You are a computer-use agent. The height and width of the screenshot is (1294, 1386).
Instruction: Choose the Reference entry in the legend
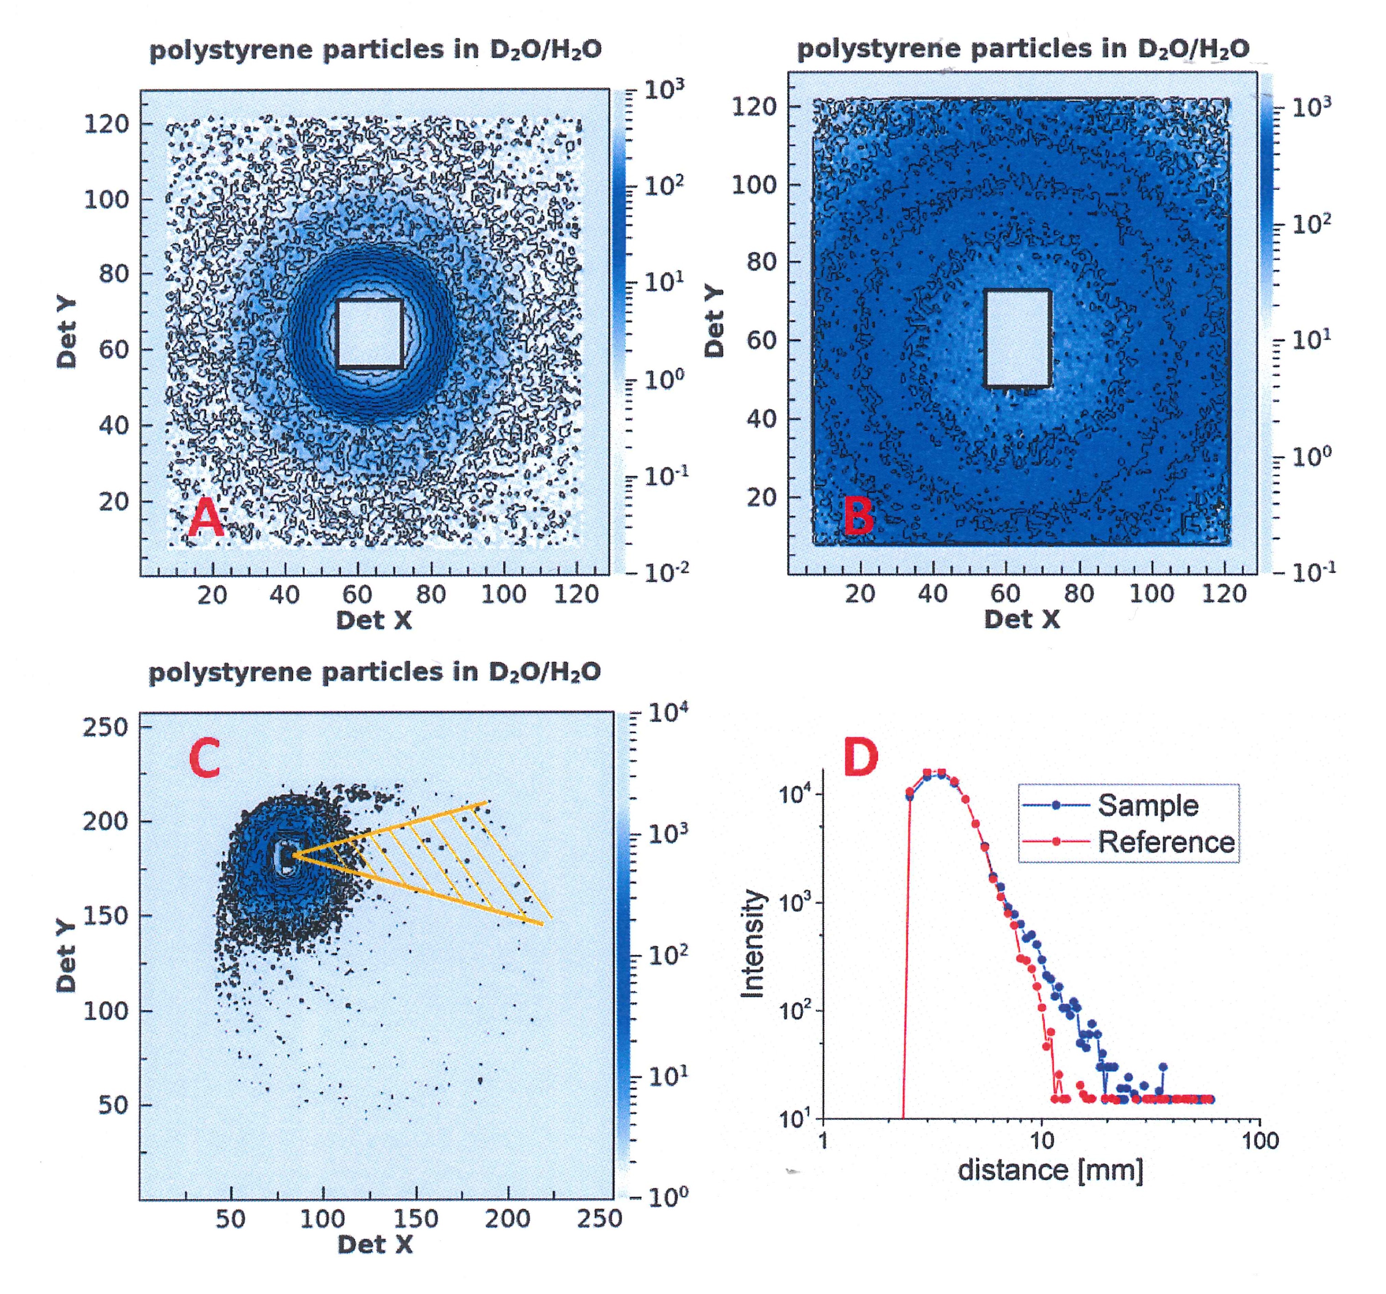click(1166, 842)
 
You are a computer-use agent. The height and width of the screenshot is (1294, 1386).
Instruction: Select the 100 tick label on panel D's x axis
click(1261, 1141)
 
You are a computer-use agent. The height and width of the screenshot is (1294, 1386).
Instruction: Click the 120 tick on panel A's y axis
click(107, 124)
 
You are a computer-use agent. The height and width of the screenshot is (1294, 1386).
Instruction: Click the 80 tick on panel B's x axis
click(1078, 594)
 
